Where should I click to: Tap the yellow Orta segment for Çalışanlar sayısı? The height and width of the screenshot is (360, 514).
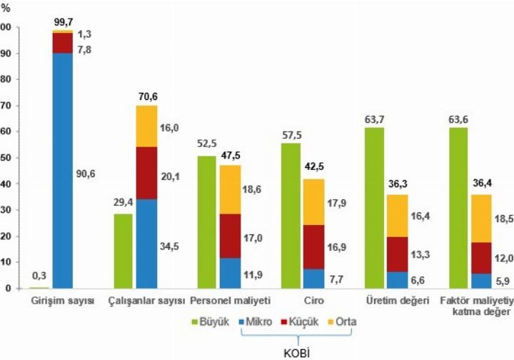point(146,126)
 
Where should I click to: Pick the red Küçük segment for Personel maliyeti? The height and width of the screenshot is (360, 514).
point(229,236)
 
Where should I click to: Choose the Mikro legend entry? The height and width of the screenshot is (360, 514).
point(256,323)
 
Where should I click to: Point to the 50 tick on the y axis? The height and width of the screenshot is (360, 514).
point(7,158)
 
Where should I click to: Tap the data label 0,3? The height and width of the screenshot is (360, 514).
point(39,276)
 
